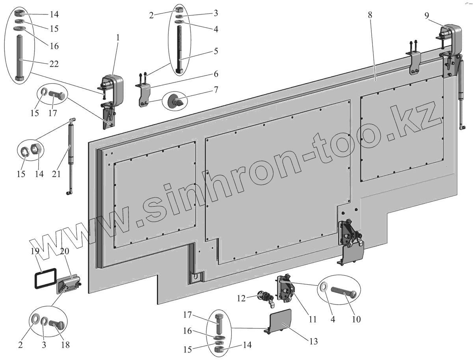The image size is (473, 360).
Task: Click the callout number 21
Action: [56, 173]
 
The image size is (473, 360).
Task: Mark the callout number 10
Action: [356, 319]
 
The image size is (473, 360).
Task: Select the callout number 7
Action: [216, 90]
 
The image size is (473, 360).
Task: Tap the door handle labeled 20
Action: [69, 284]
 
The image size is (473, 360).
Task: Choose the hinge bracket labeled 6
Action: [144, 95]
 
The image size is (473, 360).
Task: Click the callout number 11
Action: [312, 319]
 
